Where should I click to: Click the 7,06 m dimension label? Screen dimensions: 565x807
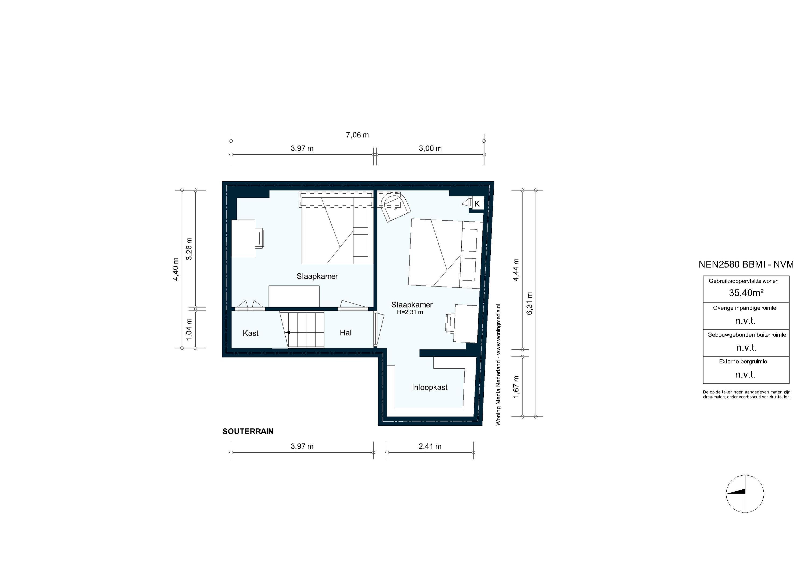(x=357, y=135)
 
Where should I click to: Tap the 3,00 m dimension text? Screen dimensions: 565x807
(x=430, y=148)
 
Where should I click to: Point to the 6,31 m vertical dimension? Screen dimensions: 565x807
(x=530, y=303)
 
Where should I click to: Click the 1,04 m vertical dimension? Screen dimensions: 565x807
(x=189, y=329)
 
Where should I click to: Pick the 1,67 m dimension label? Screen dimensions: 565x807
(x=516, y=387)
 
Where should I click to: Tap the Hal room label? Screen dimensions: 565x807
(x=345, y=333)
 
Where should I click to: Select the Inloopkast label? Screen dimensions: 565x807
(x=430, y=387)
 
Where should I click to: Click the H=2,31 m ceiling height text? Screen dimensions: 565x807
(x=410, y=312)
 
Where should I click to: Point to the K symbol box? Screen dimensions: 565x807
(x=477, y=204)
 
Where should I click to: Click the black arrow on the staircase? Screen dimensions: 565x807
(x=288, y=332)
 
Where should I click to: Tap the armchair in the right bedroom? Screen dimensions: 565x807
(x=395, y=207)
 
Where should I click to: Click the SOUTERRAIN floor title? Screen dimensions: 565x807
(x=247, y=431)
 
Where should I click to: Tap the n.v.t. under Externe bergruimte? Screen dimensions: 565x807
(x=745, y=375)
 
